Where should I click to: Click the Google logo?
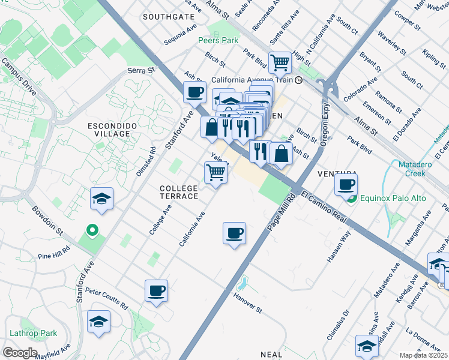tap(20, 352)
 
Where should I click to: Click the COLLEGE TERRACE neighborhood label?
tap(179, 193)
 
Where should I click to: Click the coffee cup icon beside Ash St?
tap(194, 92)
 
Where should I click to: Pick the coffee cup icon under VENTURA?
tap(346, 185)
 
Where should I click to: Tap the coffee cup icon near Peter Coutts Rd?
tap(156, 291)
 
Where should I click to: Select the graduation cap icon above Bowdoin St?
tap(102, 199)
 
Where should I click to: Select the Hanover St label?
tap(249, 302)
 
